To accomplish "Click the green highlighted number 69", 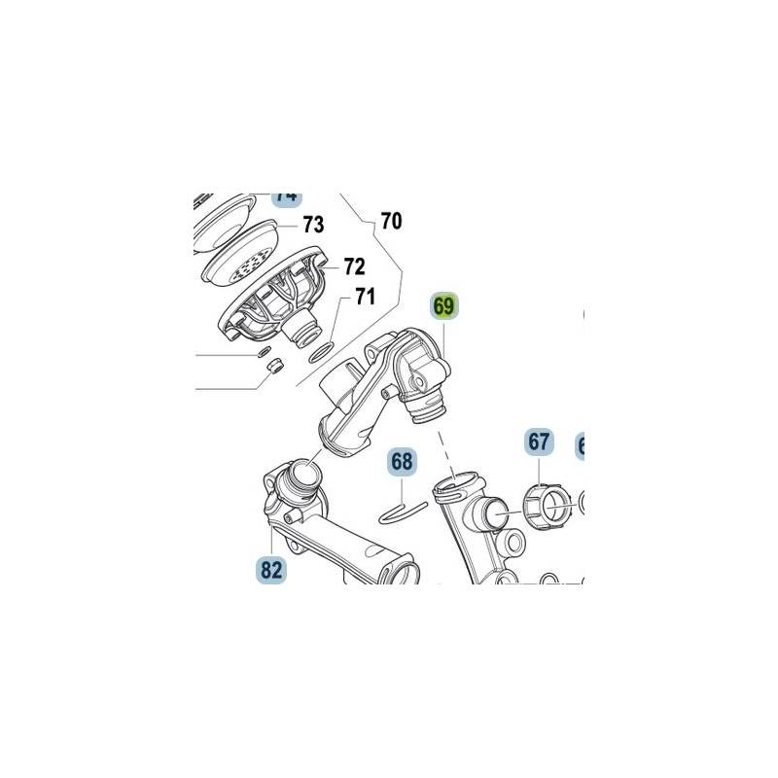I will point(443,307).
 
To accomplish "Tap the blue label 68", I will point(403,462).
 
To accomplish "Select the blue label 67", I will point(539,442).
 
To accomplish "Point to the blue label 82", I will point(271,569).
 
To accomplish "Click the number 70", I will point(390,222).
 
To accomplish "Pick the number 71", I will point(364,297).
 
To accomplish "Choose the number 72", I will point(353,265).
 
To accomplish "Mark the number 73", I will point(312,226).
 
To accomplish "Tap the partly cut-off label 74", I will point(286,195).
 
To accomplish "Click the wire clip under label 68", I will point(401,509).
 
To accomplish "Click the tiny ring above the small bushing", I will point(265,350).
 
